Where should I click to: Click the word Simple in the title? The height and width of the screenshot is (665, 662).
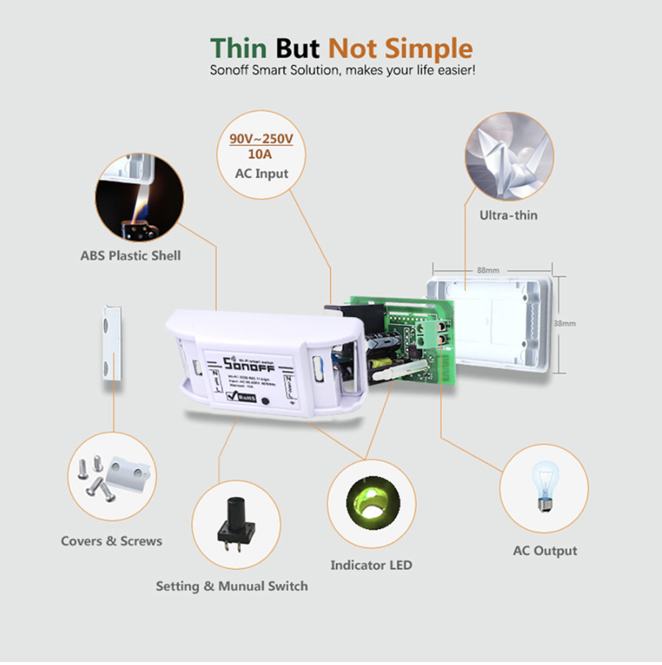tap(431, 49)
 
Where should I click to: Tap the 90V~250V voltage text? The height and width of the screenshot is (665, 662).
tap(261, 139)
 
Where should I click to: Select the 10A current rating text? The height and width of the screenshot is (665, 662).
tap(261, 155)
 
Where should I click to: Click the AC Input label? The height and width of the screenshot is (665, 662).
tap(261, 174)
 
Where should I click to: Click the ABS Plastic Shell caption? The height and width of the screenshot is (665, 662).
tap(130, 256)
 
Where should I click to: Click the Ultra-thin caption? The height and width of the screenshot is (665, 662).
tap(509, 215)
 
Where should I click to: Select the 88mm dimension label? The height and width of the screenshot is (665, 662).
tap(487, 271)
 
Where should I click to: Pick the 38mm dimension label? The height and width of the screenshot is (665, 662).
tap(565, 323)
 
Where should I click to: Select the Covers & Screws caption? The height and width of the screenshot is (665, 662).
tap(111, 541)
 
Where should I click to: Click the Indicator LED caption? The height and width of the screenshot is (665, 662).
tap(371, 565)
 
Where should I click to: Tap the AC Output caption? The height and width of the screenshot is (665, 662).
tap(545, 551)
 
